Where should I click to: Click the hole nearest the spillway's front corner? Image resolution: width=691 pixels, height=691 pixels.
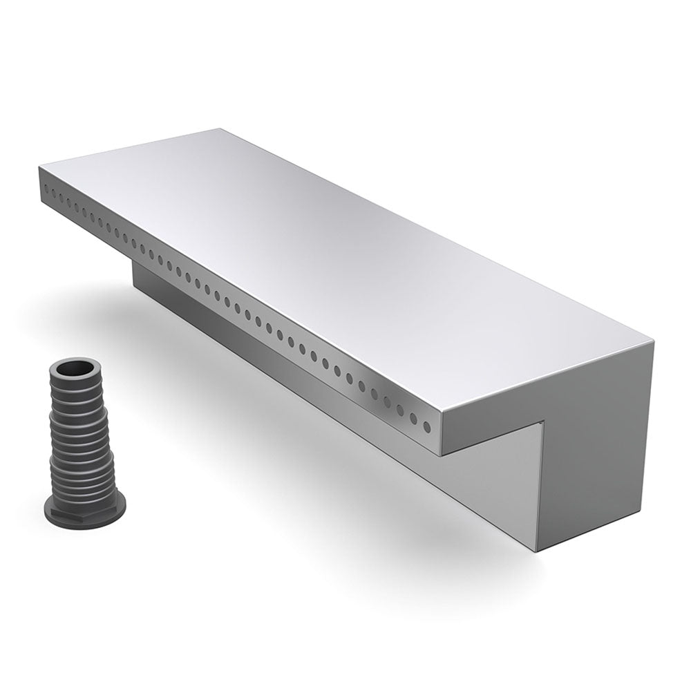click(x=429, y=424)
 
